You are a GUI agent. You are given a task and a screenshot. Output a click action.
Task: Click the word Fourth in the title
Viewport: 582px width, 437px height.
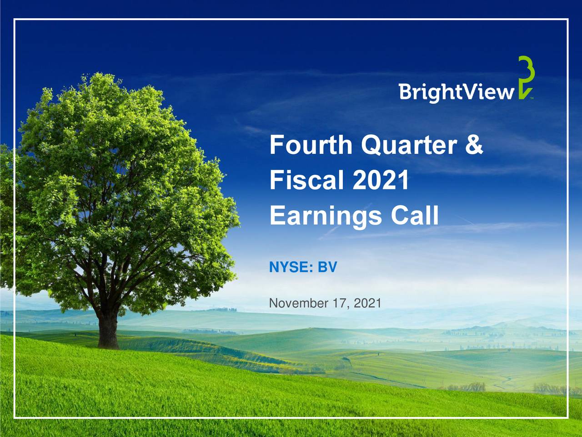coord(311,145)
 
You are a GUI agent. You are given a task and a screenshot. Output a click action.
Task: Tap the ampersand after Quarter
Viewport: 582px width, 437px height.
coord(474,145)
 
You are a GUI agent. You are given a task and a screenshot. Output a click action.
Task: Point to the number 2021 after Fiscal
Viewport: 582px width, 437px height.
coord(381,180)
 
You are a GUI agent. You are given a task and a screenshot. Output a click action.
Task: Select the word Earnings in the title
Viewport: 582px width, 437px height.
coord(326,215)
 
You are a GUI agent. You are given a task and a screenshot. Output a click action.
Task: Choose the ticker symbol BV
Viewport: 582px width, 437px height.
coord(327,267)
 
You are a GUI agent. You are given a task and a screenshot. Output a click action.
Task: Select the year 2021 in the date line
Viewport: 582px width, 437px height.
coord(367,303)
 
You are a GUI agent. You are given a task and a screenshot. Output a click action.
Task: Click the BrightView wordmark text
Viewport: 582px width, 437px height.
coord(457,92)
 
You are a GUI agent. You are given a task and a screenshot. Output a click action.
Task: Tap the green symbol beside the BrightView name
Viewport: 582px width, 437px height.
coord(526,77)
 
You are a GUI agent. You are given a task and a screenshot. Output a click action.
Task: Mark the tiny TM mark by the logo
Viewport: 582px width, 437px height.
coord(532,98)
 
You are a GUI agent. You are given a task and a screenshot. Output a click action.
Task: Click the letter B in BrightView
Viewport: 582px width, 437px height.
coord(406,91)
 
